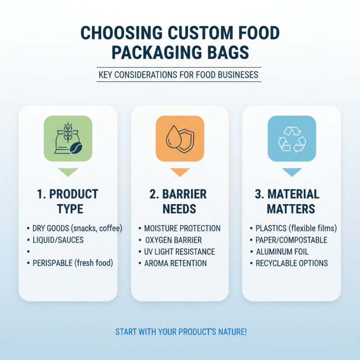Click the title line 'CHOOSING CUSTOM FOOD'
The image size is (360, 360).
pos(180,34)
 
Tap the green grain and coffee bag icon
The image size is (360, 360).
pos(68,139)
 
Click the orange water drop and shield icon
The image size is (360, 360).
pos(180,139)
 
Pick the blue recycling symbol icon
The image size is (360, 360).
pos(292,139)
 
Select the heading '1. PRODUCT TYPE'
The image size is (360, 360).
pos(68,201)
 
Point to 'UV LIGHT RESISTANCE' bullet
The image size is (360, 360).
pos(180,252)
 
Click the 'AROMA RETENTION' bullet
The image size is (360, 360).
pos(175,263)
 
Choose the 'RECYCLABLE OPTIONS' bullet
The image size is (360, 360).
pos(292,263)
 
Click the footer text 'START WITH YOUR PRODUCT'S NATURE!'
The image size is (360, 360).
pos(181,332)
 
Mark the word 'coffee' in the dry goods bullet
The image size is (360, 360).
pos(109,228)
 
